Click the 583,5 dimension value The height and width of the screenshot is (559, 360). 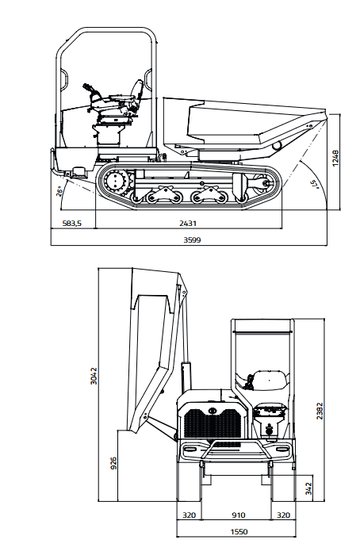(x=72, y=224)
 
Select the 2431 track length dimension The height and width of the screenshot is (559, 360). (x=188, y=224)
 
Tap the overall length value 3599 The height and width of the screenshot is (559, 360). (x=192, y=240)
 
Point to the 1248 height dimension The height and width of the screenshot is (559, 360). (x=335, y=158)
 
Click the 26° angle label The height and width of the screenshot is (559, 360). (x=60, y=191)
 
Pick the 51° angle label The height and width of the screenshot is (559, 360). (x=314, y=184)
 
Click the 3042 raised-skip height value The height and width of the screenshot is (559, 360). (x=94, y=376)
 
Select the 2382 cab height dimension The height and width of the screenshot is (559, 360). (x=320, y=411)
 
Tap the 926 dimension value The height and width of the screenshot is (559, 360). (x=113, y=463)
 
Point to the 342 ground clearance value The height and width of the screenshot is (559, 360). (x=308, y=488)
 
